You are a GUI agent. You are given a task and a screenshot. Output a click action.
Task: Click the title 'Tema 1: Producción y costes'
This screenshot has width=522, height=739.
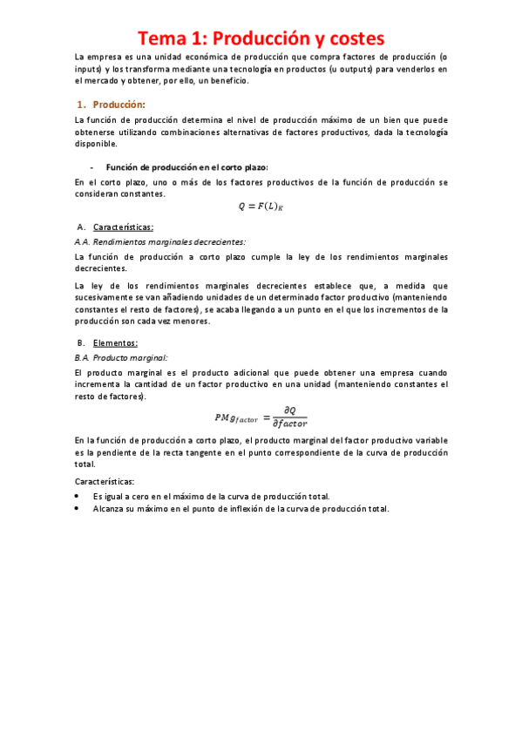[261, 38]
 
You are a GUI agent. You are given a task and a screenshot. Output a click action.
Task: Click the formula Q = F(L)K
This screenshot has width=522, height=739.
[261, 206]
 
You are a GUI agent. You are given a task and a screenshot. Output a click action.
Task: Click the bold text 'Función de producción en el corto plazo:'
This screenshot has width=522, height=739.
[186, 166]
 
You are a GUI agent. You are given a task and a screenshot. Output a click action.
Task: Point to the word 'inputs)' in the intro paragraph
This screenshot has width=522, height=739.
[91, 68]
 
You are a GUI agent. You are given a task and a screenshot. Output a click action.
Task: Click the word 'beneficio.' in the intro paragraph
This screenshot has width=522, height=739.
[227, 81]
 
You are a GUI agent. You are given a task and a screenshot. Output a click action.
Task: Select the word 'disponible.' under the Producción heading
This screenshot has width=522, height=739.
[97, 145]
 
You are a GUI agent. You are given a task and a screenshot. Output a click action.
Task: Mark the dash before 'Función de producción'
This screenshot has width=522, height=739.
[92, 166]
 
